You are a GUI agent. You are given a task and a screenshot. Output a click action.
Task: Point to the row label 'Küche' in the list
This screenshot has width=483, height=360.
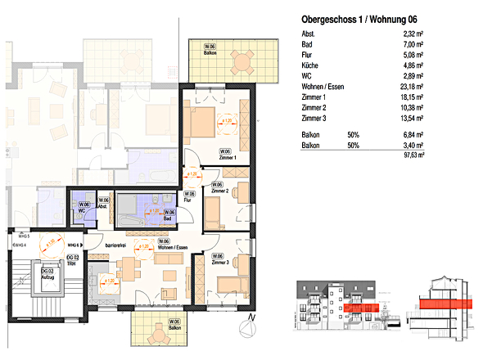[x=310, y=64]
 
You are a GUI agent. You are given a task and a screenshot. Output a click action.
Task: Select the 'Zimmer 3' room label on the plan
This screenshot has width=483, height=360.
[x=219, y=262]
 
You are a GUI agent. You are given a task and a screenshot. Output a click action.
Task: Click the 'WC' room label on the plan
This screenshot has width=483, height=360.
[x=82, y=211]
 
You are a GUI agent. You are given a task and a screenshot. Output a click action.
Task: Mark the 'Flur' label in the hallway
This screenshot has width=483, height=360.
[x=187, y=199]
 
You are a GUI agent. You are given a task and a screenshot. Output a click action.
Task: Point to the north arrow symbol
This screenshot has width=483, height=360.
[x=249, y=327]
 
